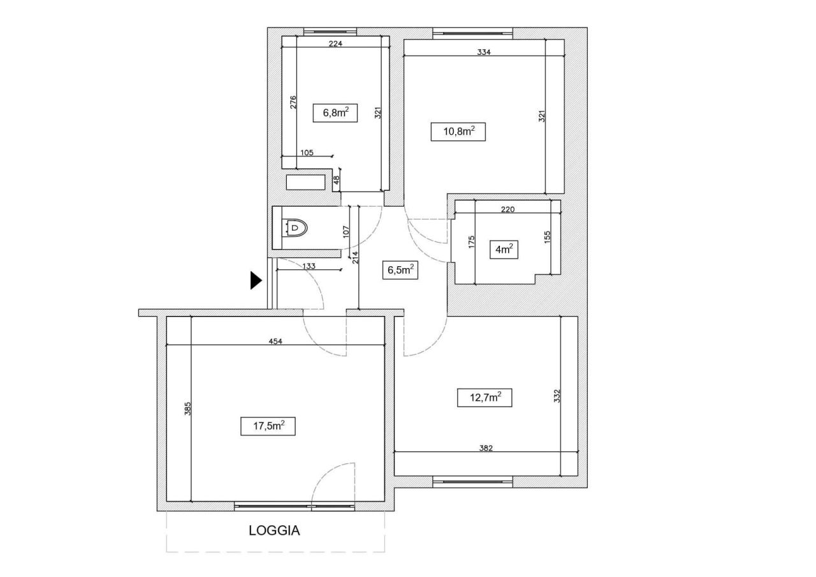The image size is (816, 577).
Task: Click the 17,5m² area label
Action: coord(268,426)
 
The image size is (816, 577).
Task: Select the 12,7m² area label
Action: coord(484,397)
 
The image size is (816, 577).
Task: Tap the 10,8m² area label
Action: coord(458,131)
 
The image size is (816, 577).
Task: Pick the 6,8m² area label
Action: coord(335,113)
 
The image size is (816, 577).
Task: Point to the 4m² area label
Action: coord(504,250)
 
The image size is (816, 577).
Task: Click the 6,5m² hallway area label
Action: coord(400,270)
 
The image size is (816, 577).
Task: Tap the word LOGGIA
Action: coord(274,530)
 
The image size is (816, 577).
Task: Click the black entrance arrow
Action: coord(256,280)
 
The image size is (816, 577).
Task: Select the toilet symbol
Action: coord(295,228)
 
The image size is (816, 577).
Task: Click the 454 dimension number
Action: coord(275,341)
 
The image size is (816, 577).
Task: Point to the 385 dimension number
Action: coord(187,408)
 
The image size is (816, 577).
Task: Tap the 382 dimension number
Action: coord(486,448)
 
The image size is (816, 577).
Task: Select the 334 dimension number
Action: coord(484,52)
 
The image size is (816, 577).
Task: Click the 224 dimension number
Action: coord(335,44)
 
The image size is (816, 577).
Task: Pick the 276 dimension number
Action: coord(293,102)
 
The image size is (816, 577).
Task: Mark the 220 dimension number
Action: coord(508,209)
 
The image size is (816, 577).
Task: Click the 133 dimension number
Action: coord(309,266)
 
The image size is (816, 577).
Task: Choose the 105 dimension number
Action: coord(307,153)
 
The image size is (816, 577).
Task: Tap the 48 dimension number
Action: coord(337,180)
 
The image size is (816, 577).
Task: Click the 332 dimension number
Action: coord(557,396)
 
